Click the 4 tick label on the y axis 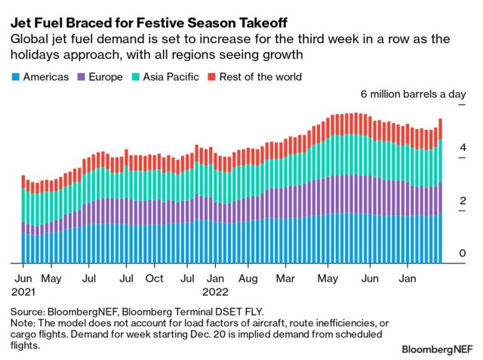462,149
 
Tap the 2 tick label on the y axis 462,202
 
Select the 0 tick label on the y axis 462,254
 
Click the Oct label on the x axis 155,278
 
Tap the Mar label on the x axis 285,278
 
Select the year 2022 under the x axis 216,290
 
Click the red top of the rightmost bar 440,128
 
